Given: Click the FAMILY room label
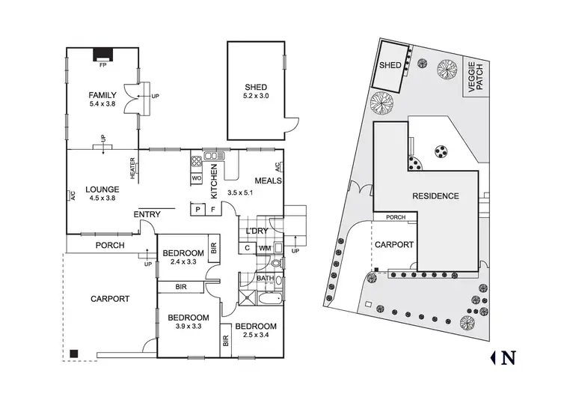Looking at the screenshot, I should click(x=102, y=95).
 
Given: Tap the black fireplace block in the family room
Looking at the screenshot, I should click(x=102, y=54).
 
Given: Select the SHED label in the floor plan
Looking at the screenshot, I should click(x=256, y=86).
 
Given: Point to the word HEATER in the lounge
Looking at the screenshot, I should click(x=132, y=168).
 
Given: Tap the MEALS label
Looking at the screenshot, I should click(x=267, y=180).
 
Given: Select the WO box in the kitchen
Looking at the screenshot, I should click(x=197, y=179).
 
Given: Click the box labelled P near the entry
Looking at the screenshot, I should click(x=198, y=210).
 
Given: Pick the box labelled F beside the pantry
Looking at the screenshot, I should click(x=212, y=210).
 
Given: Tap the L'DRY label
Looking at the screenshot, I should click(x=251, y=231).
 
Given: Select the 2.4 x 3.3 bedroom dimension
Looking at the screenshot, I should click(x=183, y=261).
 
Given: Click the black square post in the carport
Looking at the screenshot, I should click(x=73, y=353).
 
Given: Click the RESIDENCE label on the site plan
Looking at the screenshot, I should click(x=435, y=196).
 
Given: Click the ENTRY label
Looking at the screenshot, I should click(x=147, y=215).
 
